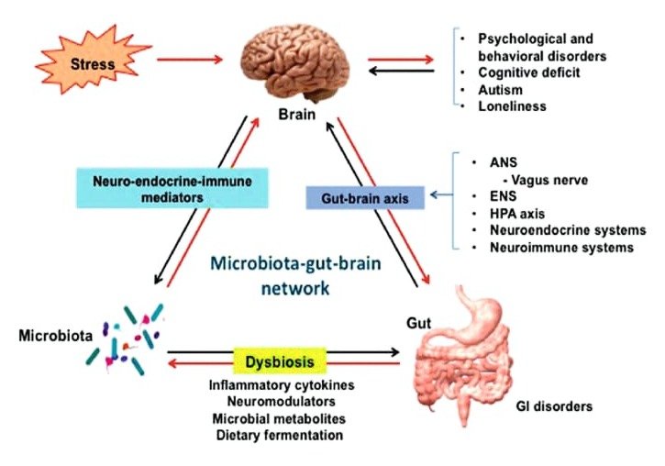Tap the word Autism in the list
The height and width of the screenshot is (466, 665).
[x=500, y=90]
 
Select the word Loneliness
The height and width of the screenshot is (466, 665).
[x=512, y=106]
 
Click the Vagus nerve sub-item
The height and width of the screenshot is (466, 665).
[x=545, y=180]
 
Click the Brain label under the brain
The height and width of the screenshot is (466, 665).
[x=298, y=116]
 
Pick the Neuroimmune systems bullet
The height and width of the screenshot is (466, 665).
[x=556, y=247]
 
